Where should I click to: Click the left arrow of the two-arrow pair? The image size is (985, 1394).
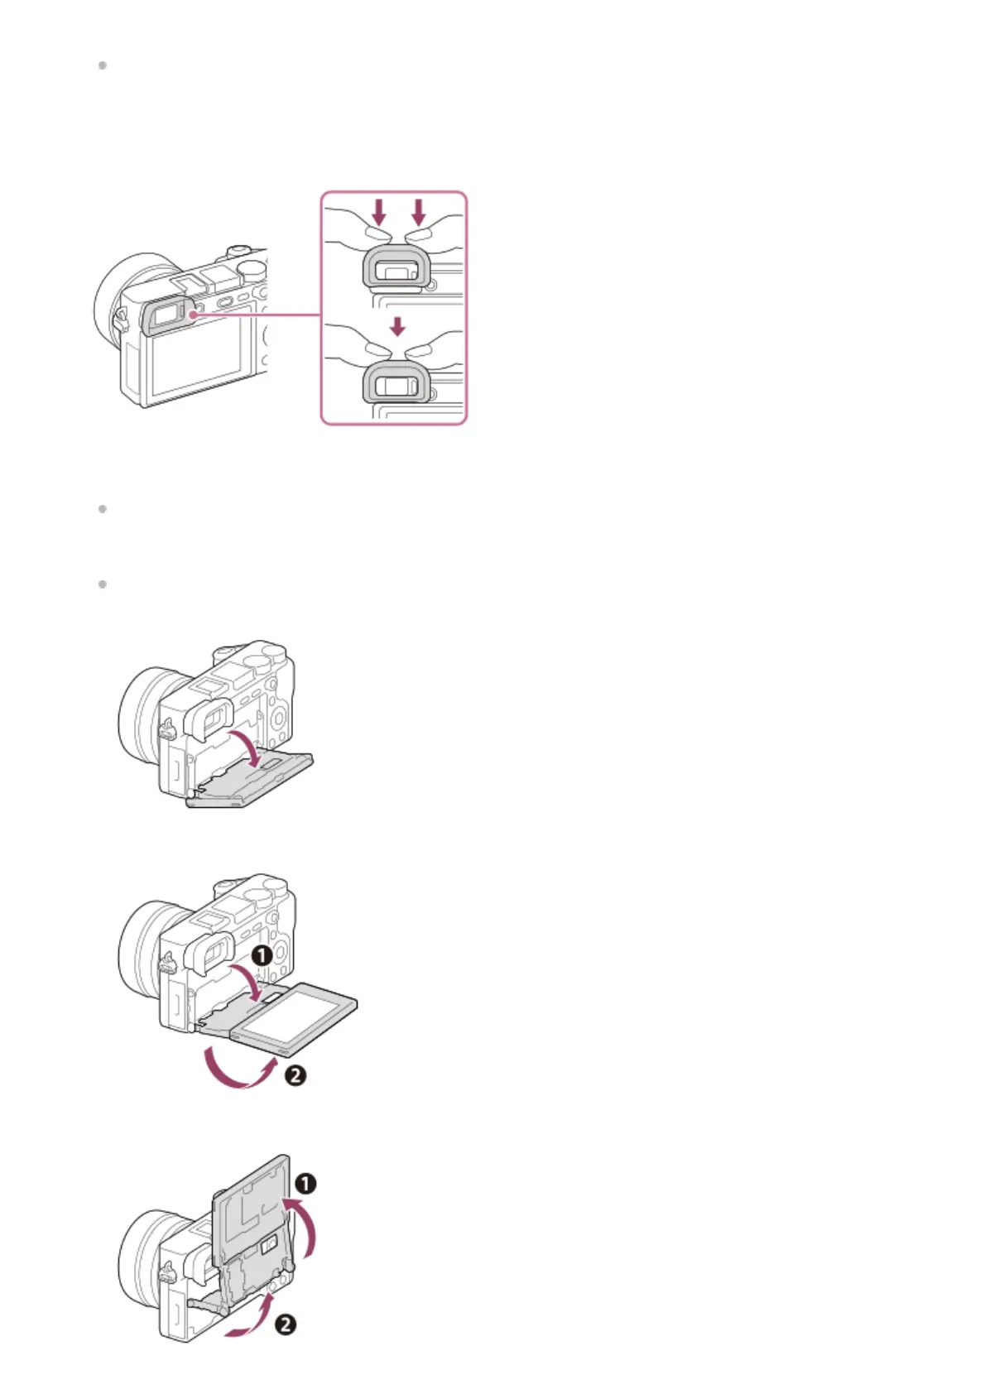(379, 212)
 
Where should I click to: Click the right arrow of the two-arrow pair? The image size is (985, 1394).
(419, 212)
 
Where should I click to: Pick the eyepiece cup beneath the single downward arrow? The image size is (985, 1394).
(396, 382)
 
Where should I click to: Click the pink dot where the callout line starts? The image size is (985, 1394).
(192, 315)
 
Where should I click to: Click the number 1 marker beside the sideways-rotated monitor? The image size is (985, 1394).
(262, 956)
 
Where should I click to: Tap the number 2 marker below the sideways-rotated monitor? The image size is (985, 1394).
(295, 1075)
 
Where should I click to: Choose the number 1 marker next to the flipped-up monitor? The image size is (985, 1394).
(305, 1184)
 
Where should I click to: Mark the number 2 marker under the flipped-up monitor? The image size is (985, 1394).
(285, 1324)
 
